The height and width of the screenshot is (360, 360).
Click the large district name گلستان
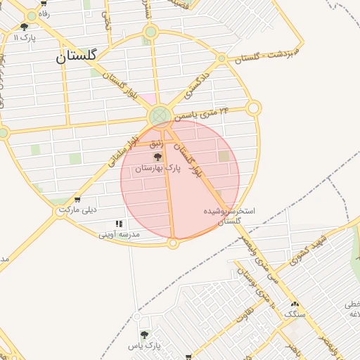tap(77, 57)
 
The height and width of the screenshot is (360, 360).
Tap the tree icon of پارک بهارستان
tap(157, 157)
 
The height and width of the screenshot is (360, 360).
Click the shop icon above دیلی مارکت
tap(77, 200)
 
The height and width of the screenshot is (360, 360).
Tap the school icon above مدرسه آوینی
tap(119, 224)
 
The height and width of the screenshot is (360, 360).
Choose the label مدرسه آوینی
tap(119, 233)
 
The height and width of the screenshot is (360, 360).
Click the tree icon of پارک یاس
tap(144, 335)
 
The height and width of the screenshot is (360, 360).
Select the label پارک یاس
tap(145, 346)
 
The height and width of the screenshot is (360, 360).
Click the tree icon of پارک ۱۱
tap(25, 27)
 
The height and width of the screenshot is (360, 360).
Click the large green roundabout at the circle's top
tap(160, 115)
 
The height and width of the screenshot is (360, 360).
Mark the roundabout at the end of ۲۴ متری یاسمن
tap(254, 108)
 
